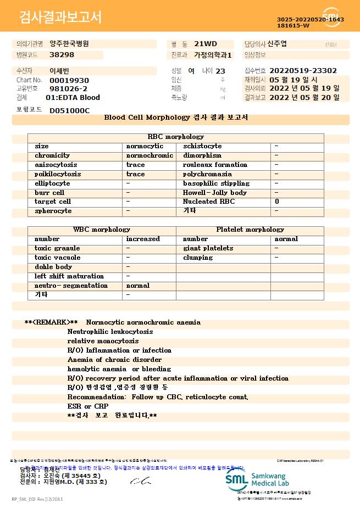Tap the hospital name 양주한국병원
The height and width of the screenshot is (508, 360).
(69, 43)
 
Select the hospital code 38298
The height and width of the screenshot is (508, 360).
(62, 54)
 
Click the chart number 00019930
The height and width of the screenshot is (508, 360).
(69, 80)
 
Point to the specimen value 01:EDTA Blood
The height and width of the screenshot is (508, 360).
(73, 97)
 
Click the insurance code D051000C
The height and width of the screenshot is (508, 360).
(69, 110)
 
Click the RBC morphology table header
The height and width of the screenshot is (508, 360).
(176, 137)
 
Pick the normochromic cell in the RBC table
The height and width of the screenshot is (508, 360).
(149, 155)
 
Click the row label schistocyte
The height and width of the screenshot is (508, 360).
(202, 146)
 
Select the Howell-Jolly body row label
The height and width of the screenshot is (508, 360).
(214, 193)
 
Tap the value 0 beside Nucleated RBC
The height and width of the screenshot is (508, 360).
(276, 202)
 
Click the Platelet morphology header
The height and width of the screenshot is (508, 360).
(250, 230)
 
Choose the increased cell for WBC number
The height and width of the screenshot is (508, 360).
(143, 239)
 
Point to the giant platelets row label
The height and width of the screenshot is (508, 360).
(208, 248)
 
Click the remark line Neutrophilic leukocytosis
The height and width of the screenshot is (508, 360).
(110, 332)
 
